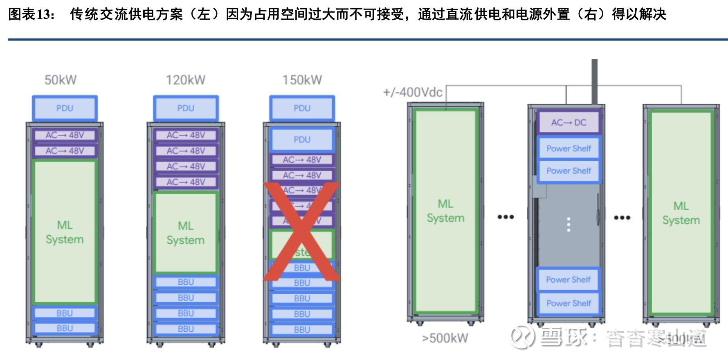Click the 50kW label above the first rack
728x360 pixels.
[x=61, y=80]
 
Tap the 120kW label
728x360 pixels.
[x=185, y=80]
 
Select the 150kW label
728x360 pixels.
[x=302, y=80]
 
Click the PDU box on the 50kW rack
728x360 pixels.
[x=65, y=108]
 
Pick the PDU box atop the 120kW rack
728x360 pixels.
[x=186, y=108]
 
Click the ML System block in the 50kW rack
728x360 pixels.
[x=65, y=232]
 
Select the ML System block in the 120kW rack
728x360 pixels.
[x=186, y=232]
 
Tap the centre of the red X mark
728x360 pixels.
[x=302, y=232]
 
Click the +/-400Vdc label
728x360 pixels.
[x=412, y=92]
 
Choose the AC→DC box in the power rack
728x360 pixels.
[x=568, y=122]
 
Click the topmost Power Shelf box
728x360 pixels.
[x=568, y=148]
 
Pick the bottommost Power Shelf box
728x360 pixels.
[x=568, y=303]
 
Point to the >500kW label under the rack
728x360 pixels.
[x=445, y=338]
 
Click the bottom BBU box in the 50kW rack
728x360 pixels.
[x=65, y=328]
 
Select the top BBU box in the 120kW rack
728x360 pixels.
[x=186, y=282]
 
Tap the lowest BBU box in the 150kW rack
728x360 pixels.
[x=302, y=329]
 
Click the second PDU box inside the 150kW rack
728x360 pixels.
[x=302, y=139]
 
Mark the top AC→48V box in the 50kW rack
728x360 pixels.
[x=65, y=135]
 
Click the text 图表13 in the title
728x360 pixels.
[x=31, y=14]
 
